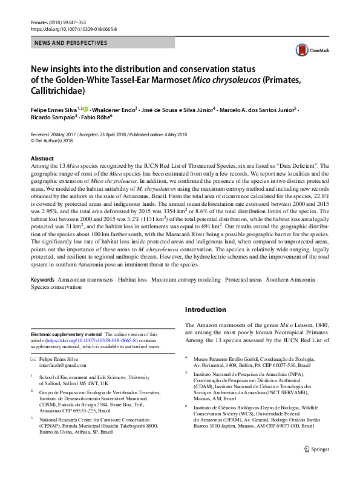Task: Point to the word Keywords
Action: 42,280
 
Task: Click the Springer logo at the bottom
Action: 316,466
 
